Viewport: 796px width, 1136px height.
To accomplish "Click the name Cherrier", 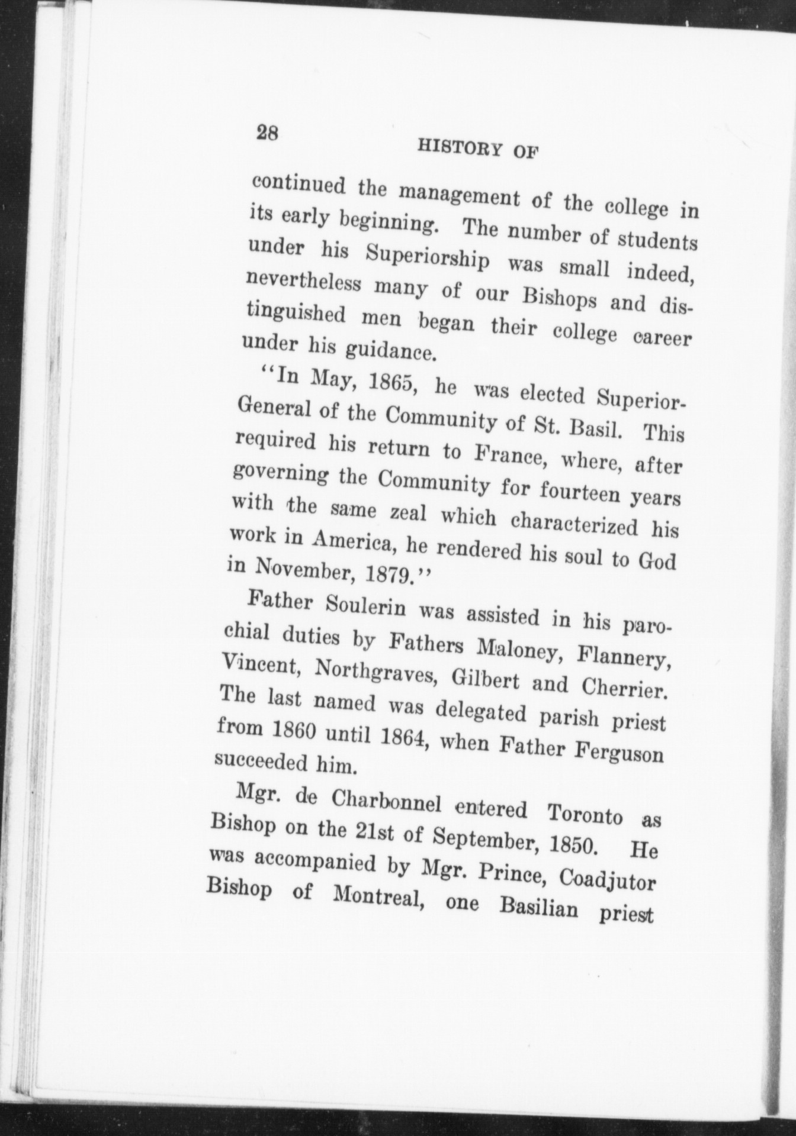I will [x=625, y=688].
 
